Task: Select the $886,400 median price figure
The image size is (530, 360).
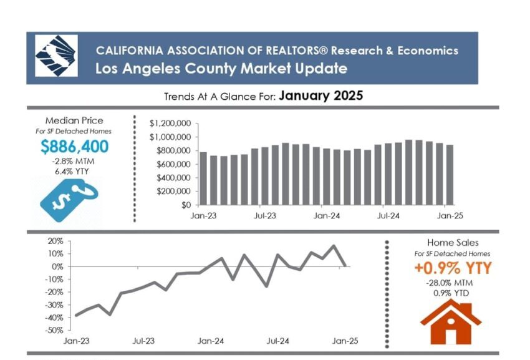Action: [74, 147]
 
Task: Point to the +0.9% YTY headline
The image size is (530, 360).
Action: [452, 268]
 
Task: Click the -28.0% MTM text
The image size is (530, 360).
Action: [452, 283]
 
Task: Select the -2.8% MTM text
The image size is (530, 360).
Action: [74, 162]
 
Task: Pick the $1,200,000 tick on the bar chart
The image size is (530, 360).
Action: [170, 124]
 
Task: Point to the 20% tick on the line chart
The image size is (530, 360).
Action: [56, 241]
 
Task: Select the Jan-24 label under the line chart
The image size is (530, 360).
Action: [211, 341]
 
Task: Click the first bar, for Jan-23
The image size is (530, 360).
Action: [203, 178]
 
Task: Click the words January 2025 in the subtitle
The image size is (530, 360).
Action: [320, 96]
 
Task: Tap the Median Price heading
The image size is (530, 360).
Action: [74, 120]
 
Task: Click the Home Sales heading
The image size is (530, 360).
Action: [452, 243]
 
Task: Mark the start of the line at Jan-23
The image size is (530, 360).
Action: [76, 316]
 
